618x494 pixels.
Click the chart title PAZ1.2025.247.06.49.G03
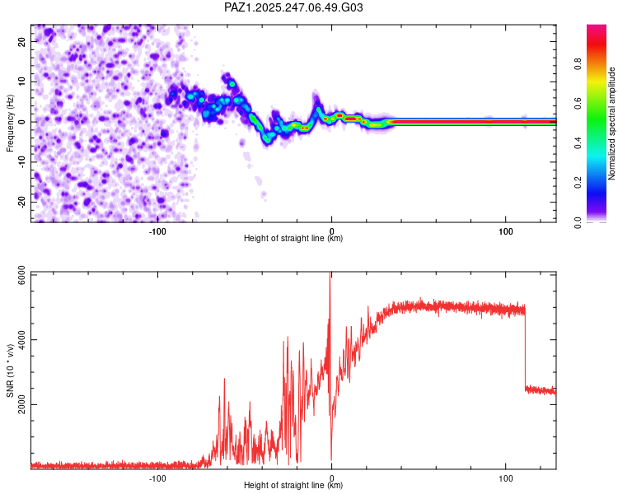pos(293,7)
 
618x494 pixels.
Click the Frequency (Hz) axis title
pos(10,123)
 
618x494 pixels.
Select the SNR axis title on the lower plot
pos(10,370)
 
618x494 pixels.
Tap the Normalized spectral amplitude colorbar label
pos(611,123)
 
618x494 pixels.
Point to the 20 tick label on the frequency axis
pos(21,41)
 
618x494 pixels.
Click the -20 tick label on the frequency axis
pos(21,202)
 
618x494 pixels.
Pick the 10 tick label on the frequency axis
pos(21,82)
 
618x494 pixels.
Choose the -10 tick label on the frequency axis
pos(21,162)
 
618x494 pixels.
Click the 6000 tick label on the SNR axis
pos(21,275)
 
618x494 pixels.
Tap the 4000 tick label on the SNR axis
pos(21,339)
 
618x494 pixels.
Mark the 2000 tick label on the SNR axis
pos(21,404)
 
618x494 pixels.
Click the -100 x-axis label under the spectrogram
pos(157,231)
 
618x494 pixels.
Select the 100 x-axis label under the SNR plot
pos(506,478)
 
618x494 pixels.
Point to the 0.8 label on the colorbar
pos(578,63)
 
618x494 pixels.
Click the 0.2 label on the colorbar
pos(578,183)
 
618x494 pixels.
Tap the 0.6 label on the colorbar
pos(578,103)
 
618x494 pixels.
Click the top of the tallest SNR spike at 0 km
pos(330,273)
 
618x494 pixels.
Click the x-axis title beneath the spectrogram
pos(293,238)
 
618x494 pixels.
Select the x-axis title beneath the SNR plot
pos(293,485)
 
